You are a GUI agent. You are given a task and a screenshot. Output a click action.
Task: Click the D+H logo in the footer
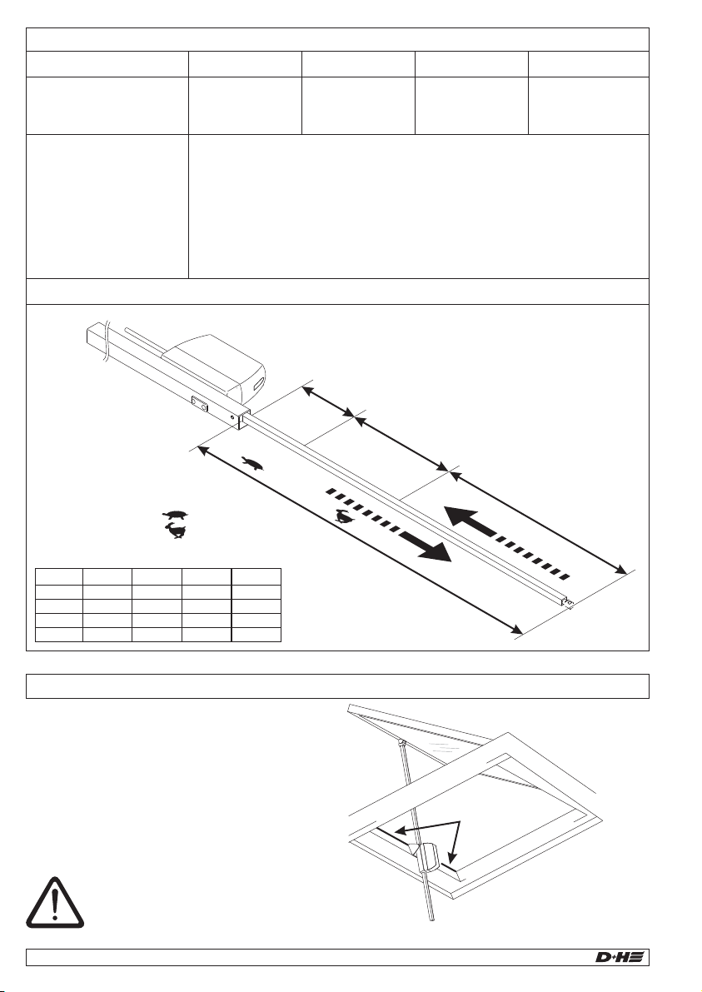point(620,957)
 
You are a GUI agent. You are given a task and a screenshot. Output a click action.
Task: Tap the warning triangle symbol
point(55,903)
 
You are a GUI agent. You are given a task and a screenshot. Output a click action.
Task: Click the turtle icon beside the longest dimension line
point(252,464)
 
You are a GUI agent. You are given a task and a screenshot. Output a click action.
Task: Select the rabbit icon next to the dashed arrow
point(345,516)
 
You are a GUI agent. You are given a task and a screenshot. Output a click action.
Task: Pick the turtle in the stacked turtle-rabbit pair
point(175,515)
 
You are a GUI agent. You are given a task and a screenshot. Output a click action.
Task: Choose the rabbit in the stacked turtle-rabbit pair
point(176,531)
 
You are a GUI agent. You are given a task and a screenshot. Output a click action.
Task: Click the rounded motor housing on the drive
point(218,368)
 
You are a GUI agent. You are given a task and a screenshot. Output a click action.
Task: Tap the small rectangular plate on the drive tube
point(200,404)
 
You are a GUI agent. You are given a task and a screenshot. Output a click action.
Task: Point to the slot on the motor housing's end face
point(259,382)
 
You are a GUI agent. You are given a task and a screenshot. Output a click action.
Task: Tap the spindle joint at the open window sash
point(401,740)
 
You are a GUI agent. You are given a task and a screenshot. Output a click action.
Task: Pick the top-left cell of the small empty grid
point(59,576)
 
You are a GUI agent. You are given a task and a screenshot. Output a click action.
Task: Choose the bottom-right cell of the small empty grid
point(256,635)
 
